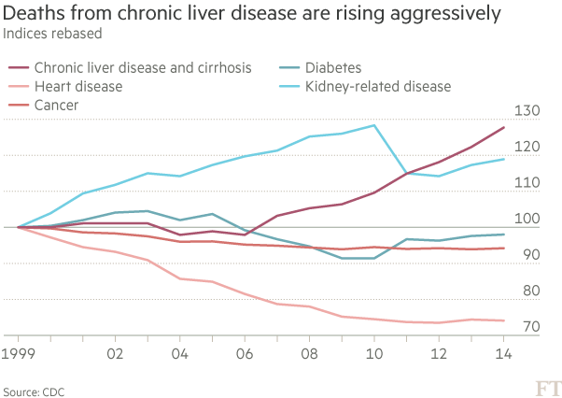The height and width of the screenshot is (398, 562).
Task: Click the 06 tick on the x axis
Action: point(245,355)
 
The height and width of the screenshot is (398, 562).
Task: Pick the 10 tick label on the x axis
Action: point(373,355)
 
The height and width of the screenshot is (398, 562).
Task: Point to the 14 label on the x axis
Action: point(502,355)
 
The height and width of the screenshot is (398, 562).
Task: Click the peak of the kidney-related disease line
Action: point(374,124)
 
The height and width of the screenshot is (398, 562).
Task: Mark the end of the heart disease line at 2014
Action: point(504,320)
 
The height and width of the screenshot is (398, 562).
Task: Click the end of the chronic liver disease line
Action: point(504,127)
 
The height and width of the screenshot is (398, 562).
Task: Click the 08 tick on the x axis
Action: point(309,355)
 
